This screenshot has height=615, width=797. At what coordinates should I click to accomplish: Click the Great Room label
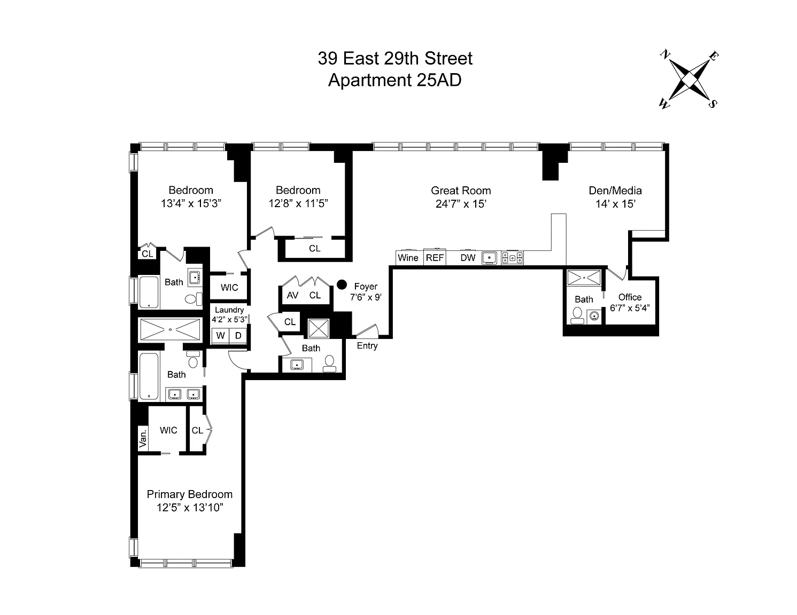coord(461,191)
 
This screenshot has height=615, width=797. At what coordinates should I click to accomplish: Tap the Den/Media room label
coord(615,191)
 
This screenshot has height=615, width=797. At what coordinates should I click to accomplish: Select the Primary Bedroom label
coord(190,494)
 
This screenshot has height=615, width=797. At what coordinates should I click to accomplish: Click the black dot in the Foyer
coord(342,284)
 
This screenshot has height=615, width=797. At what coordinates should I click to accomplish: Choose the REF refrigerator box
coord(435,257)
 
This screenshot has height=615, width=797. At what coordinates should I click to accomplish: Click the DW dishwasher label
coord(468,258)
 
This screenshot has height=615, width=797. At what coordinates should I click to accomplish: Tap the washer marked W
coord(220,335)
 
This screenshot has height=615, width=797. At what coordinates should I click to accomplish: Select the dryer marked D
coord(238,335)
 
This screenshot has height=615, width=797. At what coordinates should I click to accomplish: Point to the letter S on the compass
coord(712,104)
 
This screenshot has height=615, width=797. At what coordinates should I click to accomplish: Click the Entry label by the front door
coord(367,346)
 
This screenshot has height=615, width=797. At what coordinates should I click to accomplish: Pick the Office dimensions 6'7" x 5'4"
coord(630,308)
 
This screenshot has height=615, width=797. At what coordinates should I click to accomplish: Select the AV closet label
coord(292,295)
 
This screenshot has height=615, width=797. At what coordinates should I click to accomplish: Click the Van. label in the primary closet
coord(143,438)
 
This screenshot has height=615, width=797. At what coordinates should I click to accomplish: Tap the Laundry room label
coord(229,310)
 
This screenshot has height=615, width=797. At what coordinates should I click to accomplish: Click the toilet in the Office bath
coord(577,316)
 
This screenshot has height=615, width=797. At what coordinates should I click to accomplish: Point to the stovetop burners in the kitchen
coord(513,258)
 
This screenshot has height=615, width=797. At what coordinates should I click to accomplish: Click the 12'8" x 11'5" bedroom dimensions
coord(298,203)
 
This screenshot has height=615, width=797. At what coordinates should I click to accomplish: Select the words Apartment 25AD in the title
coord(394,80)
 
